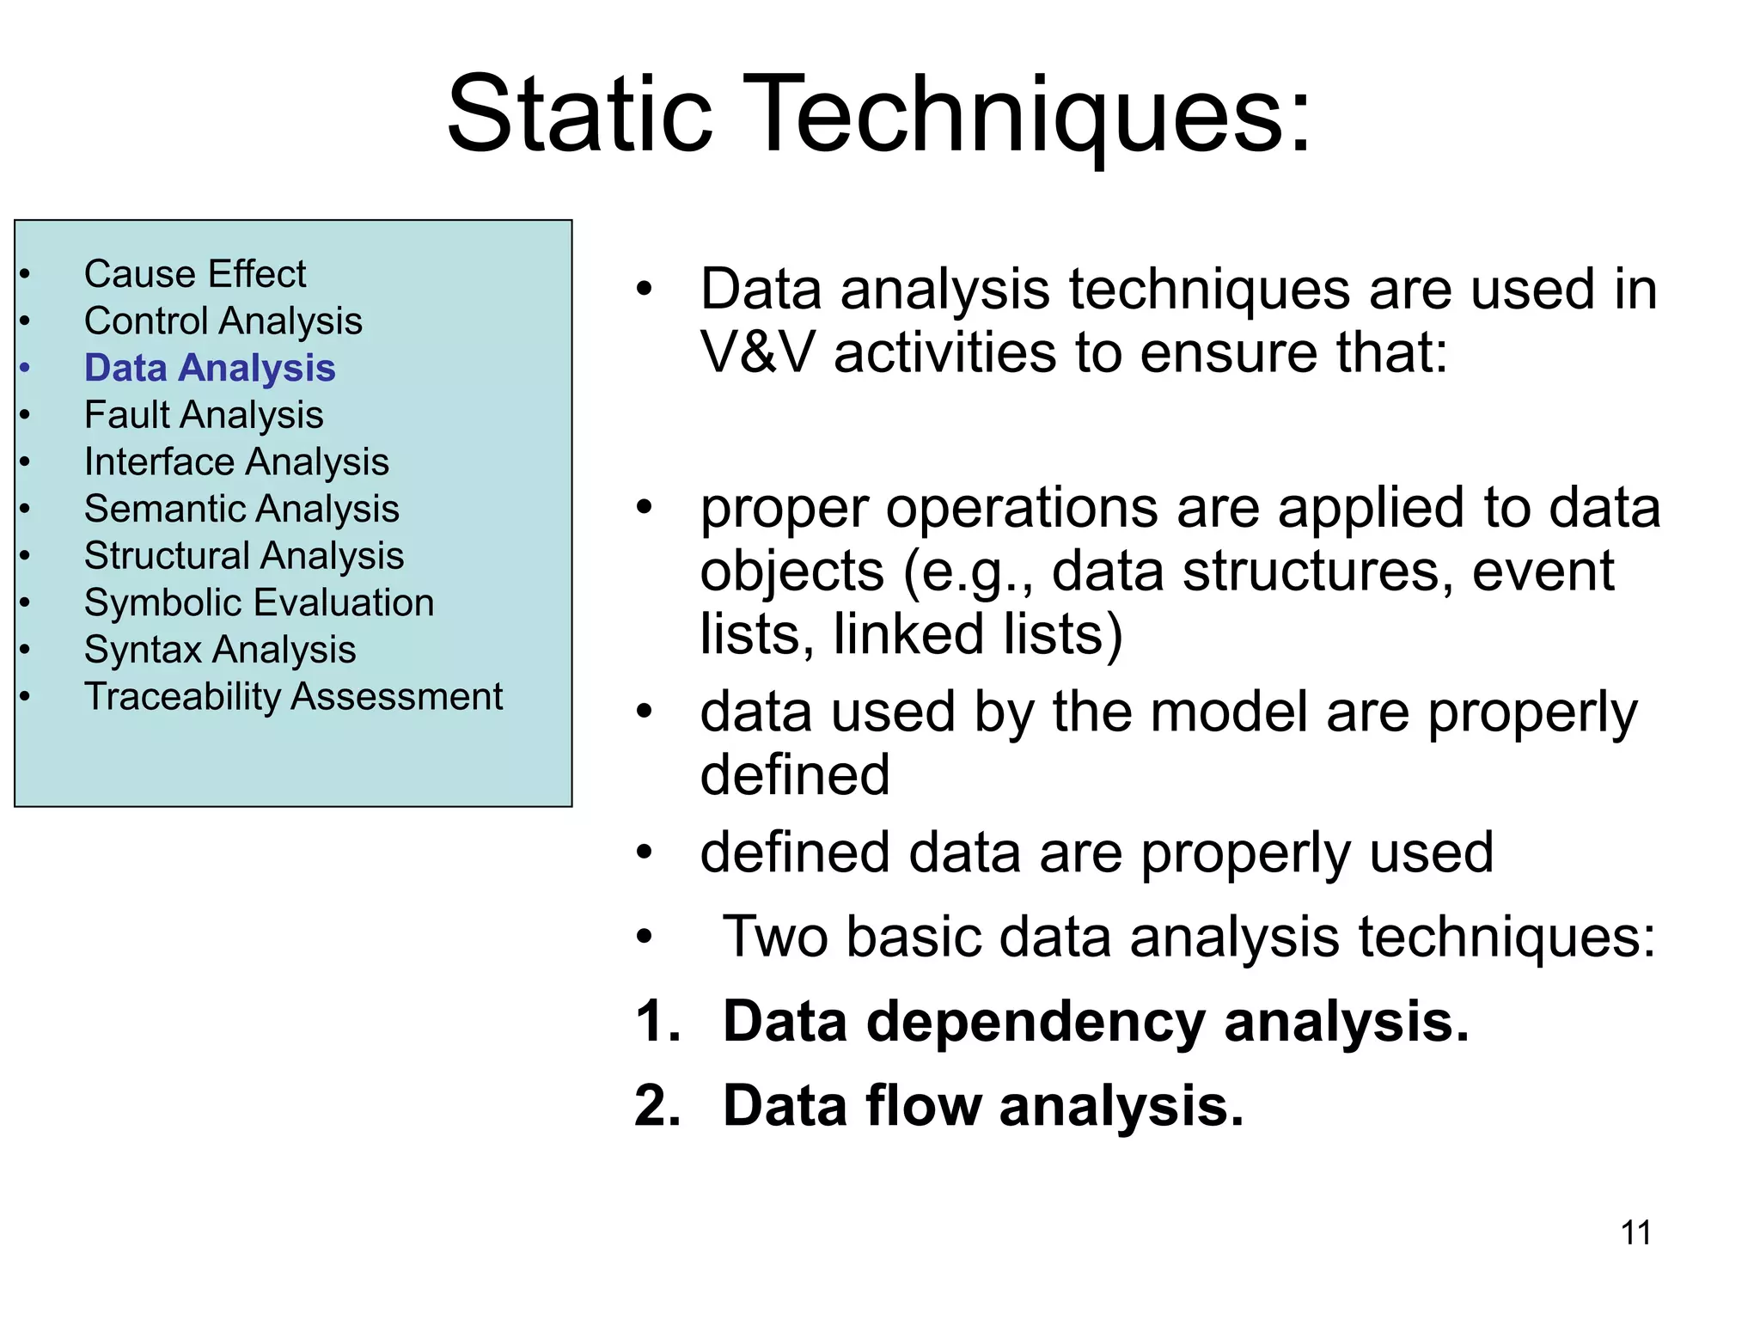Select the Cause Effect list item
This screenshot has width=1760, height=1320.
195,275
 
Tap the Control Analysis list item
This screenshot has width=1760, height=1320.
223,322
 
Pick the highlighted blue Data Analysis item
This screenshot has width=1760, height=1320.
209,369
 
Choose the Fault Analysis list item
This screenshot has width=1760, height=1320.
204,416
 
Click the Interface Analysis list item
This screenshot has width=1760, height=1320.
236,462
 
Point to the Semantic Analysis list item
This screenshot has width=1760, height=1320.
241,510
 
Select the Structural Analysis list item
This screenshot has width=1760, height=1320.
244,556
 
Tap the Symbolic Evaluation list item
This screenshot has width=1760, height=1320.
259,603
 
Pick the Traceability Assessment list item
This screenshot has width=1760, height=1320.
293,697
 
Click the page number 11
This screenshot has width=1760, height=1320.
1635,1233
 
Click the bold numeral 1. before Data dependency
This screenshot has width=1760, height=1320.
657,1023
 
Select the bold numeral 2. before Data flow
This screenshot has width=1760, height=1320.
657,1107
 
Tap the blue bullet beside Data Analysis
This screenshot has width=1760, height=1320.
25,369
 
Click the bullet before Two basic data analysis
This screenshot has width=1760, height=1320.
645,937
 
